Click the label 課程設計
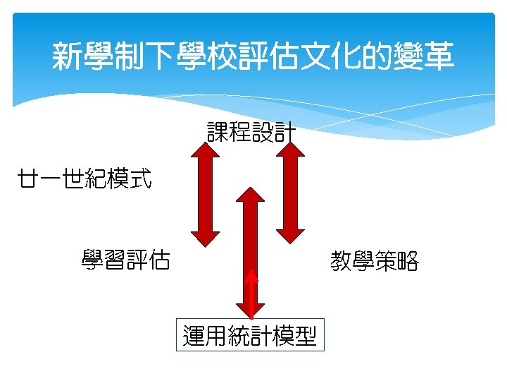point(251,132)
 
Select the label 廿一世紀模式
point(84,179)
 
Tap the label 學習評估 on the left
point(125,261)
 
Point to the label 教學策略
point(375,262)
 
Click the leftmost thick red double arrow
point(206,194)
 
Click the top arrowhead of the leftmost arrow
point(206,149)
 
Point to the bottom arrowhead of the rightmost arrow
point(290,235)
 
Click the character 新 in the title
point(65,56)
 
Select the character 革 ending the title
point(440,56)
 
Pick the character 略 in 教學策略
point(408,262)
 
